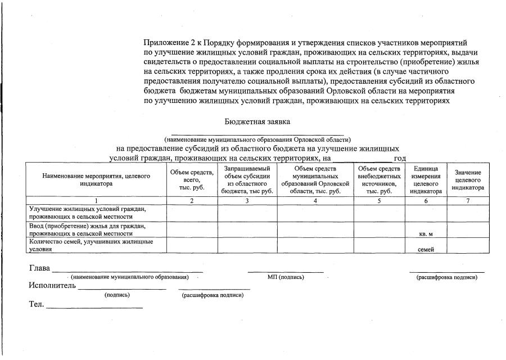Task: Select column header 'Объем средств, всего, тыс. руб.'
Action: click(192, 179)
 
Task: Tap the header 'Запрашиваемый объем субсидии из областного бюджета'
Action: click(247, 179)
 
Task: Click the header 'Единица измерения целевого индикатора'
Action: click(426, 179)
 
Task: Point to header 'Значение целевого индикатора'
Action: click(468, 180)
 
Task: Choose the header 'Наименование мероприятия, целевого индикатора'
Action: click(96, 179)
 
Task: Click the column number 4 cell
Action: click(315, 201)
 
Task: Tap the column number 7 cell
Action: click(468, 201)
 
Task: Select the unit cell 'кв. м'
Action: click(426, 233)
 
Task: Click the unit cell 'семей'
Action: click(426, 250)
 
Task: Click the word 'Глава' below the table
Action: click(39, 268)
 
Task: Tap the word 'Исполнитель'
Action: click(52, 285)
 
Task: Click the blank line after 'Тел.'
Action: click(94, 307)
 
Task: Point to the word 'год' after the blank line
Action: click(400, 159)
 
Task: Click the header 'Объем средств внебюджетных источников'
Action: click(379, 179)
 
